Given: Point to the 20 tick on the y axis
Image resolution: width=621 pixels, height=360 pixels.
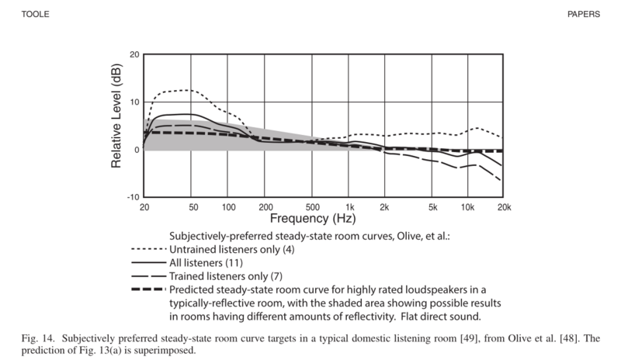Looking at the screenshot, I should click(134, 55).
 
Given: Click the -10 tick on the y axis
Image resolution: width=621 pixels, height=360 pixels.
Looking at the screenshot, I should click(133, 197).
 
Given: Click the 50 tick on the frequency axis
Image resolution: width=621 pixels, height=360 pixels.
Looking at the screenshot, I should click(193, 208).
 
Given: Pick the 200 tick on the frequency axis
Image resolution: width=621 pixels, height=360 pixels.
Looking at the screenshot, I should click(265, 208).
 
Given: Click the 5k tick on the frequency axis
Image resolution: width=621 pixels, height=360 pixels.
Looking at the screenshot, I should click(432, 208).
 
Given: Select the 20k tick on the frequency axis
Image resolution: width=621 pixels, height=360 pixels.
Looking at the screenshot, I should click(504, 208).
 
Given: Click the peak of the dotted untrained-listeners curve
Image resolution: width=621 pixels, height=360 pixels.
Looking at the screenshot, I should click(186, 90).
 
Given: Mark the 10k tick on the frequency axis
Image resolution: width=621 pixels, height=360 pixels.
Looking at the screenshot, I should click(468, 208).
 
